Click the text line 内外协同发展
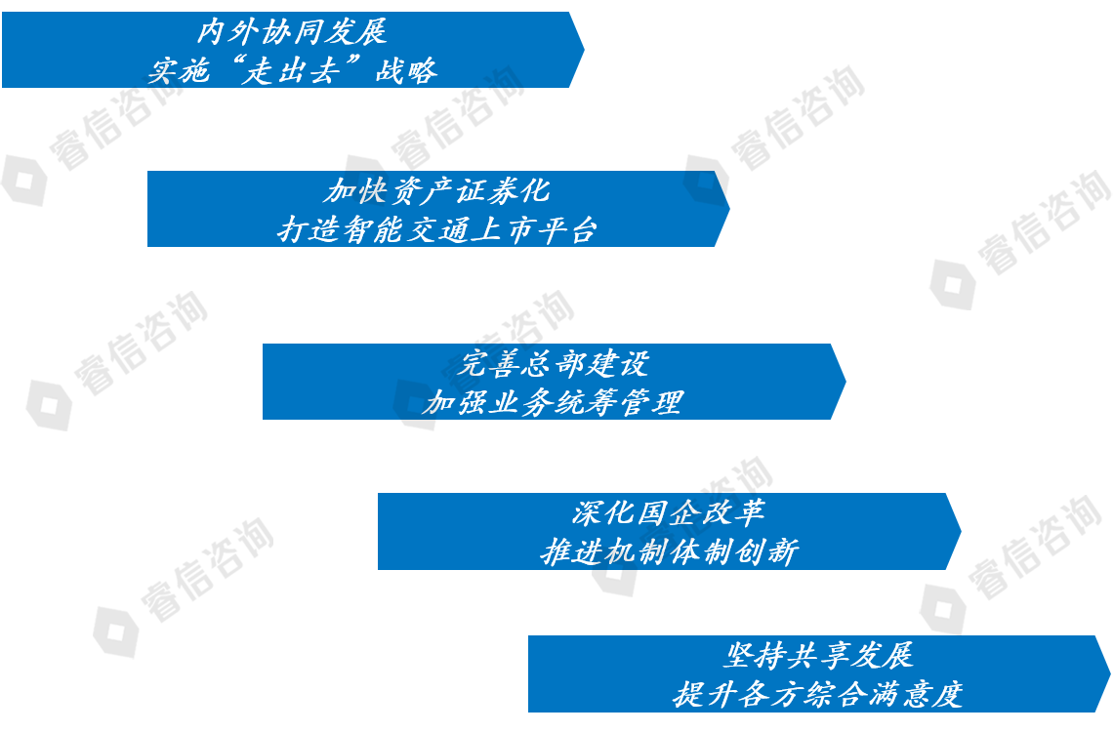292,31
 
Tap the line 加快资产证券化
437,189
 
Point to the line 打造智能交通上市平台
437,229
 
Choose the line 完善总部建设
553,363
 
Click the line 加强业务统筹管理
553,402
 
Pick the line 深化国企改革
669,512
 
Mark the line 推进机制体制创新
669,551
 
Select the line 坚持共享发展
818,655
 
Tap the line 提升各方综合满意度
818,694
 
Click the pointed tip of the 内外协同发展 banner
584,50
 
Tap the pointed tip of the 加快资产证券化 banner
730,208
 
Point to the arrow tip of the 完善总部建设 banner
845,382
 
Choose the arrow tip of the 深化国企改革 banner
962,532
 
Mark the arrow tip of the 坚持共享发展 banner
1110,673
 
